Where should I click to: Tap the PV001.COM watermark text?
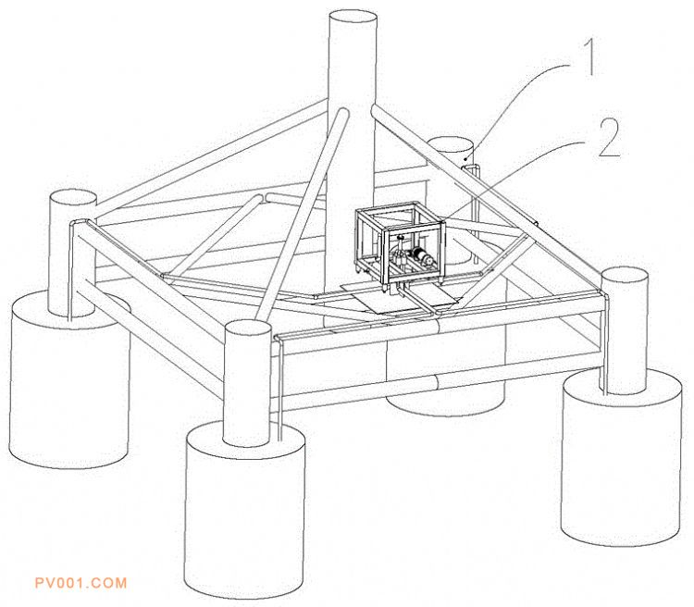(80, 583)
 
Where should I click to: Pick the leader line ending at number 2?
(518, 176)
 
